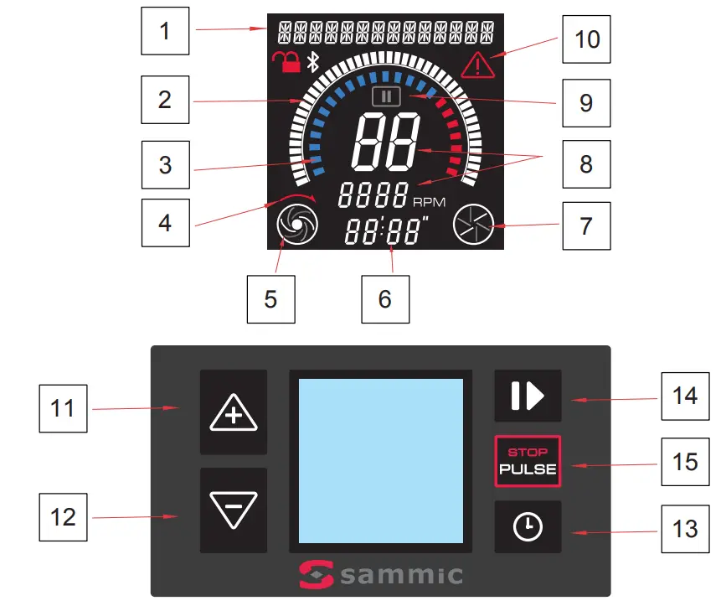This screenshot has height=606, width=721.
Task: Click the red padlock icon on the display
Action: pyautogui.click(x=286, y=61)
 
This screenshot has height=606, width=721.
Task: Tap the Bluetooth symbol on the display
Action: pyautogui.click(x=313, y=61)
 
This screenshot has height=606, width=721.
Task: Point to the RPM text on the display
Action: pyautogui.click(x=429, y=202)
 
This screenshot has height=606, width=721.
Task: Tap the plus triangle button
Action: pyautogui.click(x=233, y=412)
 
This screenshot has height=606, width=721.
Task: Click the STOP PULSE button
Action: pyautogui.click(x=528, y=461)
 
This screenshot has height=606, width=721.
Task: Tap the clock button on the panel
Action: pyautogui.click(x=528, y=527)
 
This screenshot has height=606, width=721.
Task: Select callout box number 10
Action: pyautogui.click(x=586, y=39)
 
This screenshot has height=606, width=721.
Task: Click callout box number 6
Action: pyautogui.click(x=385, y=298)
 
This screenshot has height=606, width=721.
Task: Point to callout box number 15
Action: pyautogui.click(x=684, y=461)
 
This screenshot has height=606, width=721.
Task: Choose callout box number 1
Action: pyautogui.click(x=164, y=32)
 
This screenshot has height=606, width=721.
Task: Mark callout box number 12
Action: pyautogui.click(x=64, y=516)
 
